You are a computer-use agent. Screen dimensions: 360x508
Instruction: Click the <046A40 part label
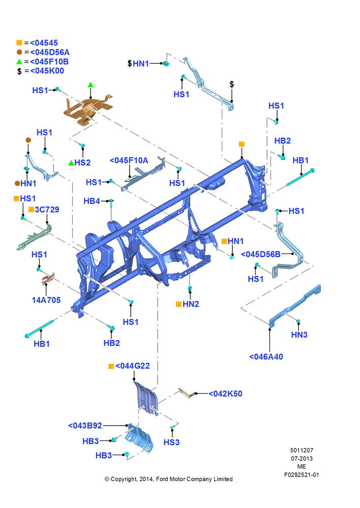tap(266, 357)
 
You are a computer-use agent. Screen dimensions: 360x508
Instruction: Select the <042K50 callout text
tap(225, 394)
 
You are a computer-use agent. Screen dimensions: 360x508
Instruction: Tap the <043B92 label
tap(85, 425)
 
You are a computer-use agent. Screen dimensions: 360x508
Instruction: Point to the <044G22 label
tap(133, 366)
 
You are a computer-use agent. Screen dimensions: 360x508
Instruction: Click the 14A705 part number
tap(46, 300)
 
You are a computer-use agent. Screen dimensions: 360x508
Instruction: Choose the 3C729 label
tap(47, 210)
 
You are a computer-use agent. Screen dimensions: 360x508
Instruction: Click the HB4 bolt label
tap(92, 201)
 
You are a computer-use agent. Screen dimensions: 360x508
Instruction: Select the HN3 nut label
tap(299, 335)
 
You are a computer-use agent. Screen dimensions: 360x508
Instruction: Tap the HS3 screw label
tap(171, 442)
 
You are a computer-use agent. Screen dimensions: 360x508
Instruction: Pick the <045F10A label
tap(129, 161)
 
